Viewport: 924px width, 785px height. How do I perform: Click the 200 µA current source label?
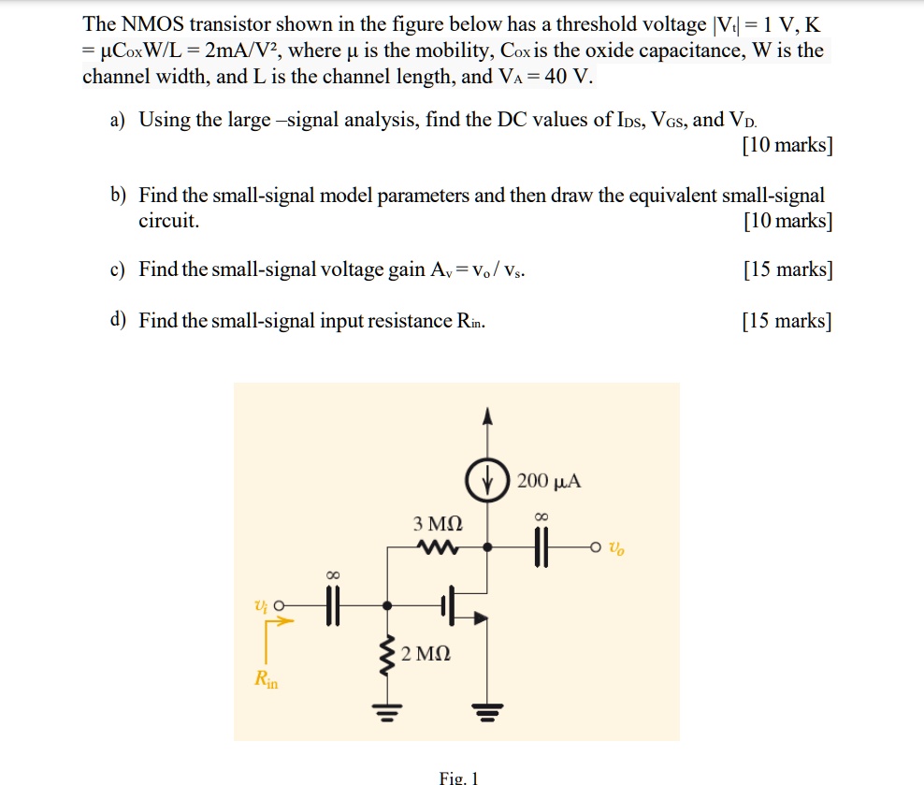(549, 482)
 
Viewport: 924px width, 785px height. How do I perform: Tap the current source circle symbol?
(485, 482)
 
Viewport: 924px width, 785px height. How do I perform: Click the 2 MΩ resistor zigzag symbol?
(385, 655)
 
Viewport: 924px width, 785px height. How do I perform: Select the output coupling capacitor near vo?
(538, 548)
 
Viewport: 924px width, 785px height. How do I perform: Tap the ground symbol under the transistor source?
(484, 713)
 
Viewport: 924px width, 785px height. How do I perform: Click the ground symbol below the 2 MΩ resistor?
(385, 713)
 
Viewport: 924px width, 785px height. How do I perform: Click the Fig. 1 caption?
(458, 778)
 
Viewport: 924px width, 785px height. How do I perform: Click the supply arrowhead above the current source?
(485, 417)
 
